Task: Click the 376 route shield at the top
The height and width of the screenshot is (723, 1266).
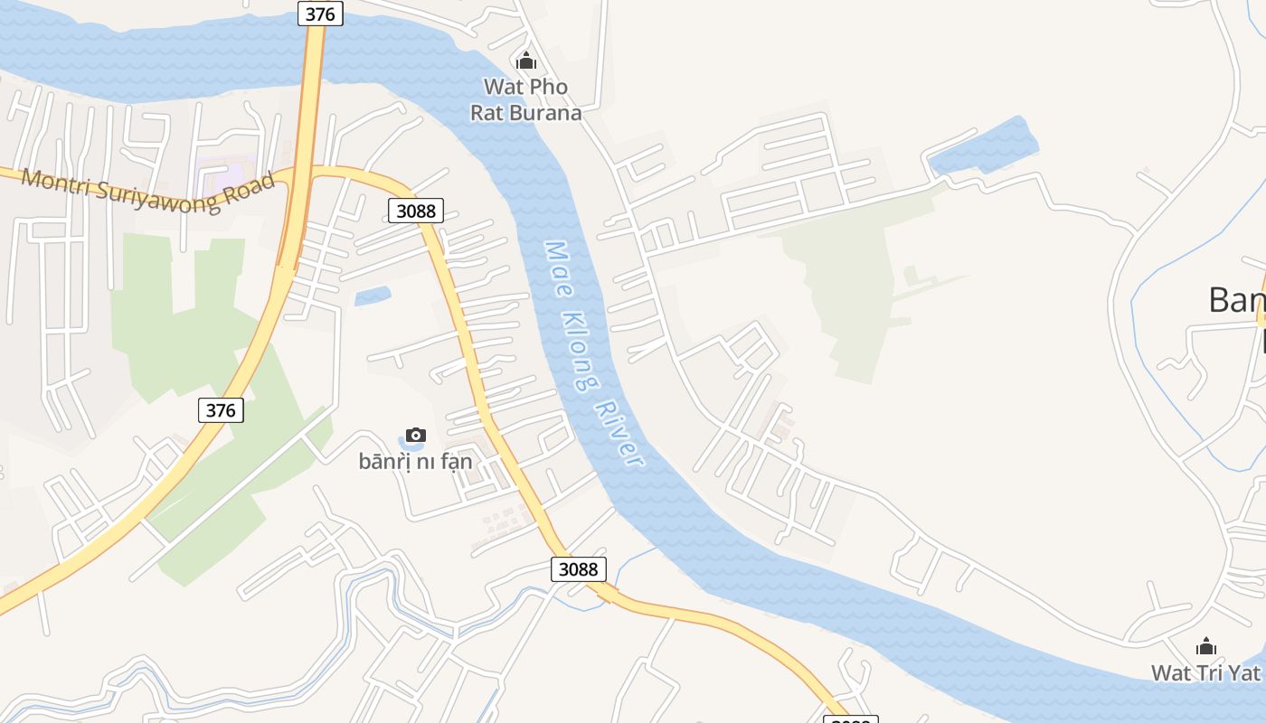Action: (320, 14)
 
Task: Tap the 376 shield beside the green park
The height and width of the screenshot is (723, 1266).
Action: (221, 410)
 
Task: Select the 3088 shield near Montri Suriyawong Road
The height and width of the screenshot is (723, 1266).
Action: (416, 211)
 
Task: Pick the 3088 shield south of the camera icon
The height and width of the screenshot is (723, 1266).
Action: (578, 568)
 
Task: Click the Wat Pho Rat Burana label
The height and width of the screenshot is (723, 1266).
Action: (525, 99)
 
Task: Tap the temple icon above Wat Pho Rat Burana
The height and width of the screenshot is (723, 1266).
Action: (525, 61)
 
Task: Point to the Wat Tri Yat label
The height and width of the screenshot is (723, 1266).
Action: (1205, 672)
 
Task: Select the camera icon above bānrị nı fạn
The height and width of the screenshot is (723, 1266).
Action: (416, 436)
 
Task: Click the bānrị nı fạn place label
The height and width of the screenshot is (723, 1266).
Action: (415, 461)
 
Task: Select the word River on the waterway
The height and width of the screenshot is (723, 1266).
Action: (621, 433)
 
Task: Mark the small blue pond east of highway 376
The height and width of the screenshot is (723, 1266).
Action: (373, 296)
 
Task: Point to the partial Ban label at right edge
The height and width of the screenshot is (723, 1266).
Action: (1237, 300)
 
